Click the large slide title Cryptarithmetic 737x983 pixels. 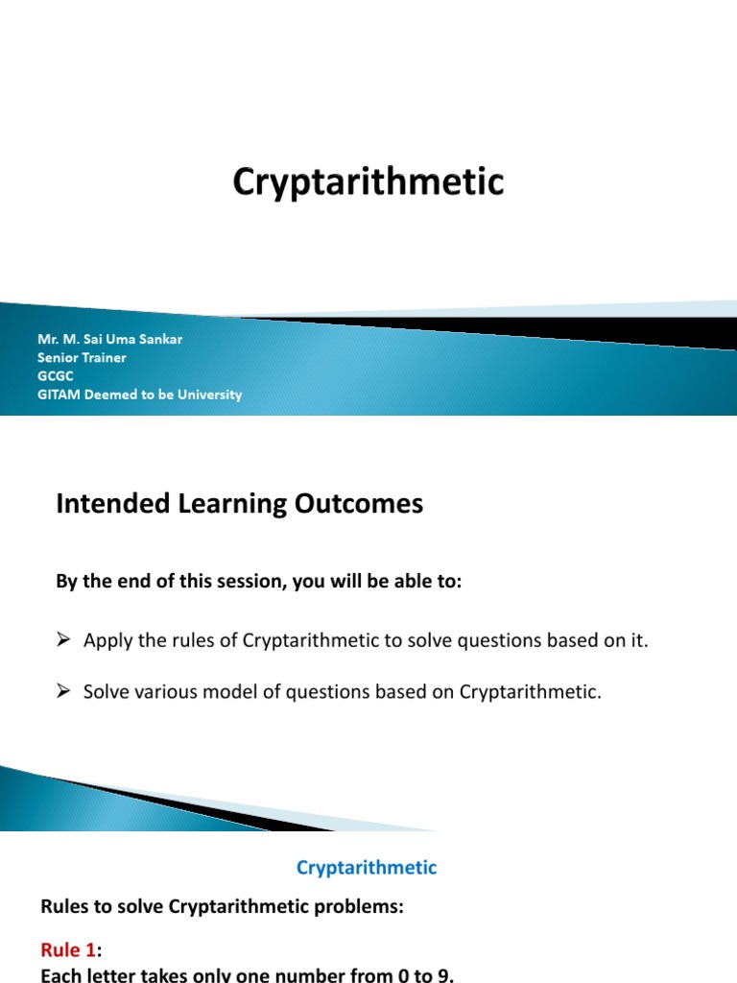tap(368, 181)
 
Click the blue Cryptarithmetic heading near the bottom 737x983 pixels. tap(367, 868)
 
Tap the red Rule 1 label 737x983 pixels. tap(68, 950)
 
